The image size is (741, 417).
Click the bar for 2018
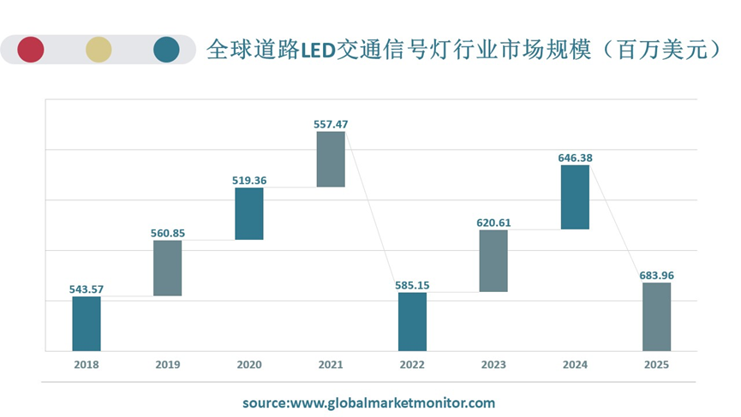(87, 324)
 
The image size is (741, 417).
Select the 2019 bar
(168, 268)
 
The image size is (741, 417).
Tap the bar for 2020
(249, 213)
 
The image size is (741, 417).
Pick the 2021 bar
(331, 159)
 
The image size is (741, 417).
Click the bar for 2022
(412, 322)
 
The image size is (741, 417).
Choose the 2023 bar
(493, 261)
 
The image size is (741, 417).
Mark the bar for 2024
(575, 197)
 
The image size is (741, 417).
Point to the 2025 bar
(656, 317)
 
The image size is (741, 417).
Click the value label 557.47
(331, 124)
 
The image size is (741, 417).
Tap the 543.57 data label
(87, 289)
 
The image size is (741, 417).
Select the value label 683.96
(656, 276)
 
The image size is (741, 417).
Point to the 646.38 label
(575, 158)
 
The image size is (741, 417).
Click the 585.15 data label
(412, 285)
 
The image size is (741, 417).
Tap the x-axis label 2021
(331, 365)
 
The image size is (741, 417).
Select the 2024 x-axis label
(575, 365)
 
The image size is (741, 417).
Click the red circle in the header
(30, 50)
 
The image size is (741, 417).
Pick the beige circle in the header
(99, 50)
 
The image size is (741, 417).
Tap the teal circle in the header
(166, 50)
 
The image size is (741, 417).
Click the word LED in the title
(315, 50)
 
